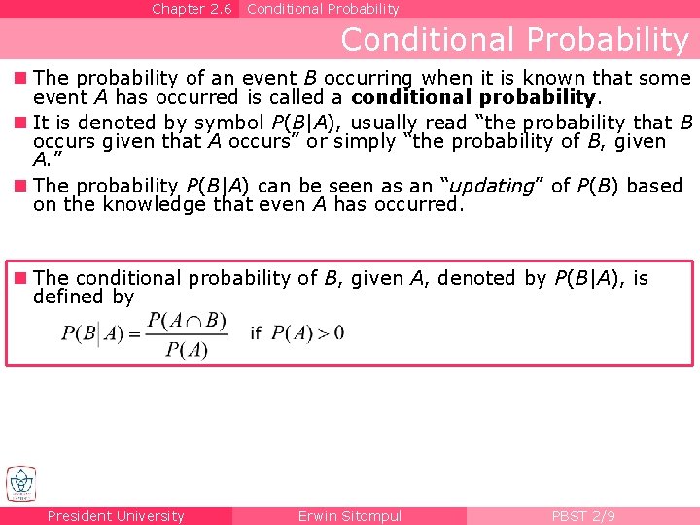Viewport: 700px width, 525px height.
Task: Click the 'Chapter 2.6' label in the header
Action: click(x=192, y=9)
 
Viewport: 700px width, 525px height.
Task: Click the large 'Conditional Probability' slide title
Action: click(x=514, y=40)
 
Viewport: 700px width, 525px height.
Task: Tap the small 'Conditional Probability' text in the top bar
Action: click(x=323, y=9)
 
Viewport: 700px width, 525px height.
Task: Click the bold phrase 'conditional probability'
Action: click(x=472, y=97)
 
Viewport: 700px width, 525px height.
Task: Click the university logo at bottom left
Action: click(x=20, y=483)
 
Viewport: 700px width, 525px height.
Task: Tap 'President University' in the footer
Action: click(x=116, y=516)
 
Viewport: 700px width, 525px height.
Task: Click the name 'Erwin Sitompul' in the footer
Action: click(x=349, y=516)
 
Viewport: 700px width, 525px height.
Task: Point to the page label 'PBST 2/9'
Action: click(x=582, y=516)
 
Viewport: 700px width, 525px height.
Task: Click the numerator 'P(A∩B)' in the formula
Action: click(x=187, y=320)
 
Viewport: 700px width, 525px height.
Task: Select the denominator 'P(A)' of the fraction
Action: click(x=187, y=349)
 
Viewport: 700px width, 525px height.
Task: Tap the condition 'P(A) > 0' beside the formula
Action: click(x=307, y=333)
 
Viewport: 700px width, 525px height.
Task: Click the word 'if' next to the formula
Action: click(x=256, y=333)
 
